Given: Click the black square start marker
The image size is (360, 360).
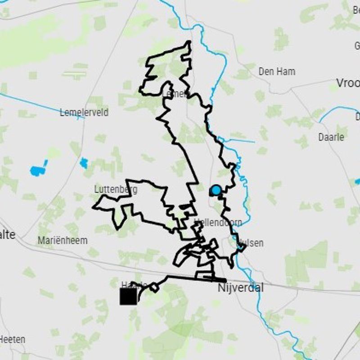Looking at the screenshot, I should click(x=128, y=297).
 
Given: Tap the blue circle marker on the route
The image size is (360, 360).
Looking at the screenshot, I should click(x=216, y=190).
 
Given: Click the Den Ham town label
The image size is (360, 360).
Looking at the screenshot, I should click(x=277, y=72).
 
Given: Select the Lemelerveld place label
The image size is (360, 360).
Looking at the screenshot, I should click(x=84, y=112).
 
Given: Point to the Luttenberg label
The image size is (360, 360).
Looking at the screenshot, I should click(x=116, y=189).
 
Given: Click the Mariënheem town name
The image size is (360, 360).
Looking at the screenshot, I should click(x=63, y=240).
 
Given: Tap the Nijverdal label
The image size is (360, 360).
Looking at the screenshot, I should click(x=240, y=288).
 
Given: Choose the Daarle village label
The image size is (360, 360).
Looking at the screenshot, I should click(x=333, y=137).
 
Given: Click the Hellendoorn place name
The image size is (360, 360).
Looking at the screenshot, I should click(x=219, y=223).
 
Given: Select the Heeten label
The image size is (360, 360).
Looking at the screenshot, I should click(x=13, y=339).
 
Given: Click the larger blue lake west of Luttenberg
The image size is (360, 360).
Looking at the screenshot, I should click(x=39, y=169).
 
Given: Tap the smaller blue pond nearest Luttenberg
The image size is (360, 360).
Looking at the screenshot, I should click(x=84, y=162).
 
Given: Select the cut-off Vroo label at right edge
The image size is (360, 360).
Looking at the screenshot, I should click(x=348, y=83).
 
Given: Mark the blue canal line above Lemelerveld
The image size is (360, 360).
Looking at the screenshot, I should click(x=40, y=105).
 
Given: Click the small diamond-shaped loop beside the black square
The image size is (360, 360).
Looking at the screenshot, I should click(x=154, y=287).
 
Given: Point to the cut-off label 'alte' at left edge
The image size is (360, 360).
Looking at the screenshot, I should click(x=8, y=234).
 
